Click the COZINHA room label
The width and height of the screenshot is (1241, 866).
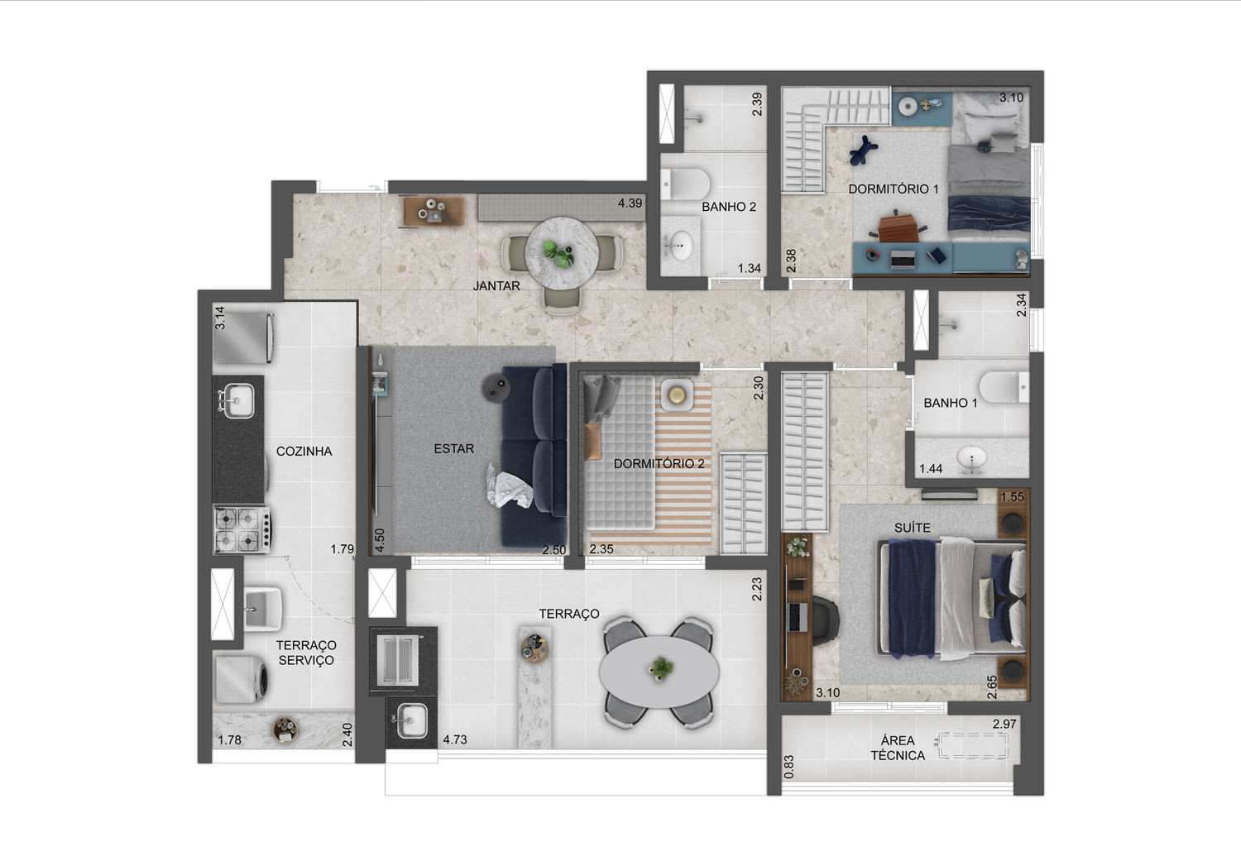(x=304, y=452)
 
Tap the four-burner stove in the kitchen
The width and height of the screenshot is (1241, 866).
(x=242, y=529)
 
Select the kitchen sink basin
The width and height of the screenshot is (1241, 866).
(x=237, y=400)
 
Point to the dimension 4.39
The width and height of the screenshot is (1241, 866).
(x=630, y=203)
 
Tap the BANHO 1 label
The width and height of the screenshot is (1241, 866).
(x=950, y=403)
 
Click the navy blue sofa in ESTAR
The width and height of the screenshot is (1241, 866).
(x=534, y=455)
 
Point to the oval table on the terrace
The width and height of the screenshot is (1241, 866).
(x=659, y=671)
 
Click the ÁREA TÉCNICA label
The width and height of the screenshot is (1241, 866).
(x=898, y=748)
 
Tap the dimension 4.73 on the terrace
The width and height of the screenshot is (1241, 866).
(x=455, y=739)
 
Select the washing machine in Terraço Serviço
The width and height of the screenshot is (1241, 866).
(x=242, y=679)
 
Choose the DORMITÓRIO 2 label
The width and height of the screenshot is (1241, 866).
(x=659, y=463)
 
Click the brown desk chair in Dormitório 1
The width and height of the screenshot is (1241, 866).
(x=898, y=227)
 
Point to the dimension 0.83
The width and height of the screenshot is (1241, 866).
(x=789, y=767)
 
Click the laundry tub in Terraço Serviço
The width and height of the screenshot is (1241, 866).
(x=262, y=609)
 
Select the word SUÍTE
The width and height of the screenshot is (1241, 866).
(x=913, y=528)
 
